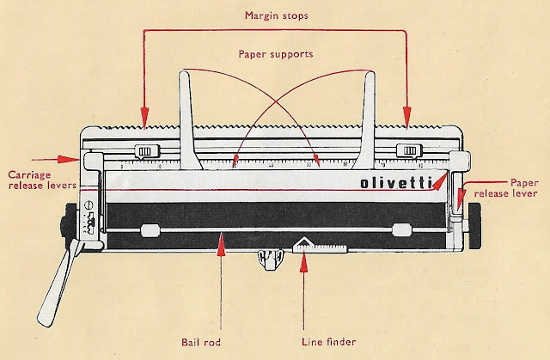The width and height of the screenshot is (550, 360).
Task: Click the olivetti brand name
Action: click(396, 184)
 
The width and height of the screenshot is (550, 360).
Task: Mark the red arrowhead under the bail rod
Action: click(223, 245)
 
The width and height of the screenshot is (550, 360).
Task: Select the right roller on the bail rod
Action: click(400, 229)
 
